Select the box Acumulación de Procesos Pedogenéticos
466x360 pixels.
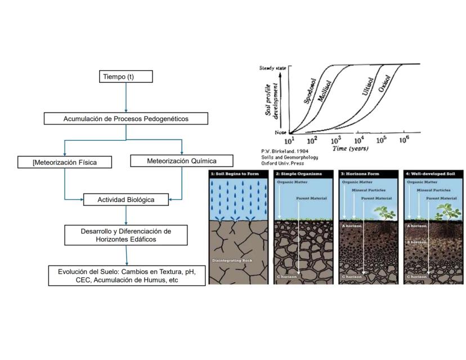[x=126, y=119]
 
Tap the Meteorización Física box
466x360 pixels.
[x=65, y=163]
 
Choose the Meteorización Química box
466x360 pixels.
[x=182, y=161]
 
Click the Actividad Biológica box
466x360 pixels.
[x=126, y=200]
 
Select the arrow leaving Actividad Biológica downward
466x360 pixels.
[x=126, y=215]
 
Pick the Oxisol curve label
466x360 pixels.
[x=384, y=84]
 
